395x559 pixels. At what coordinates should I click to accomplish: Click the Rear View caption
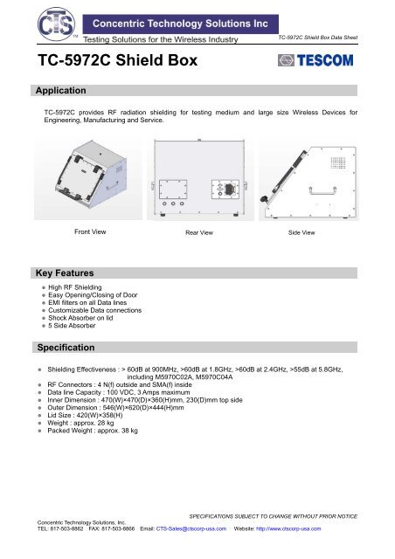pyautogui.click(x=203, y=233)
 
